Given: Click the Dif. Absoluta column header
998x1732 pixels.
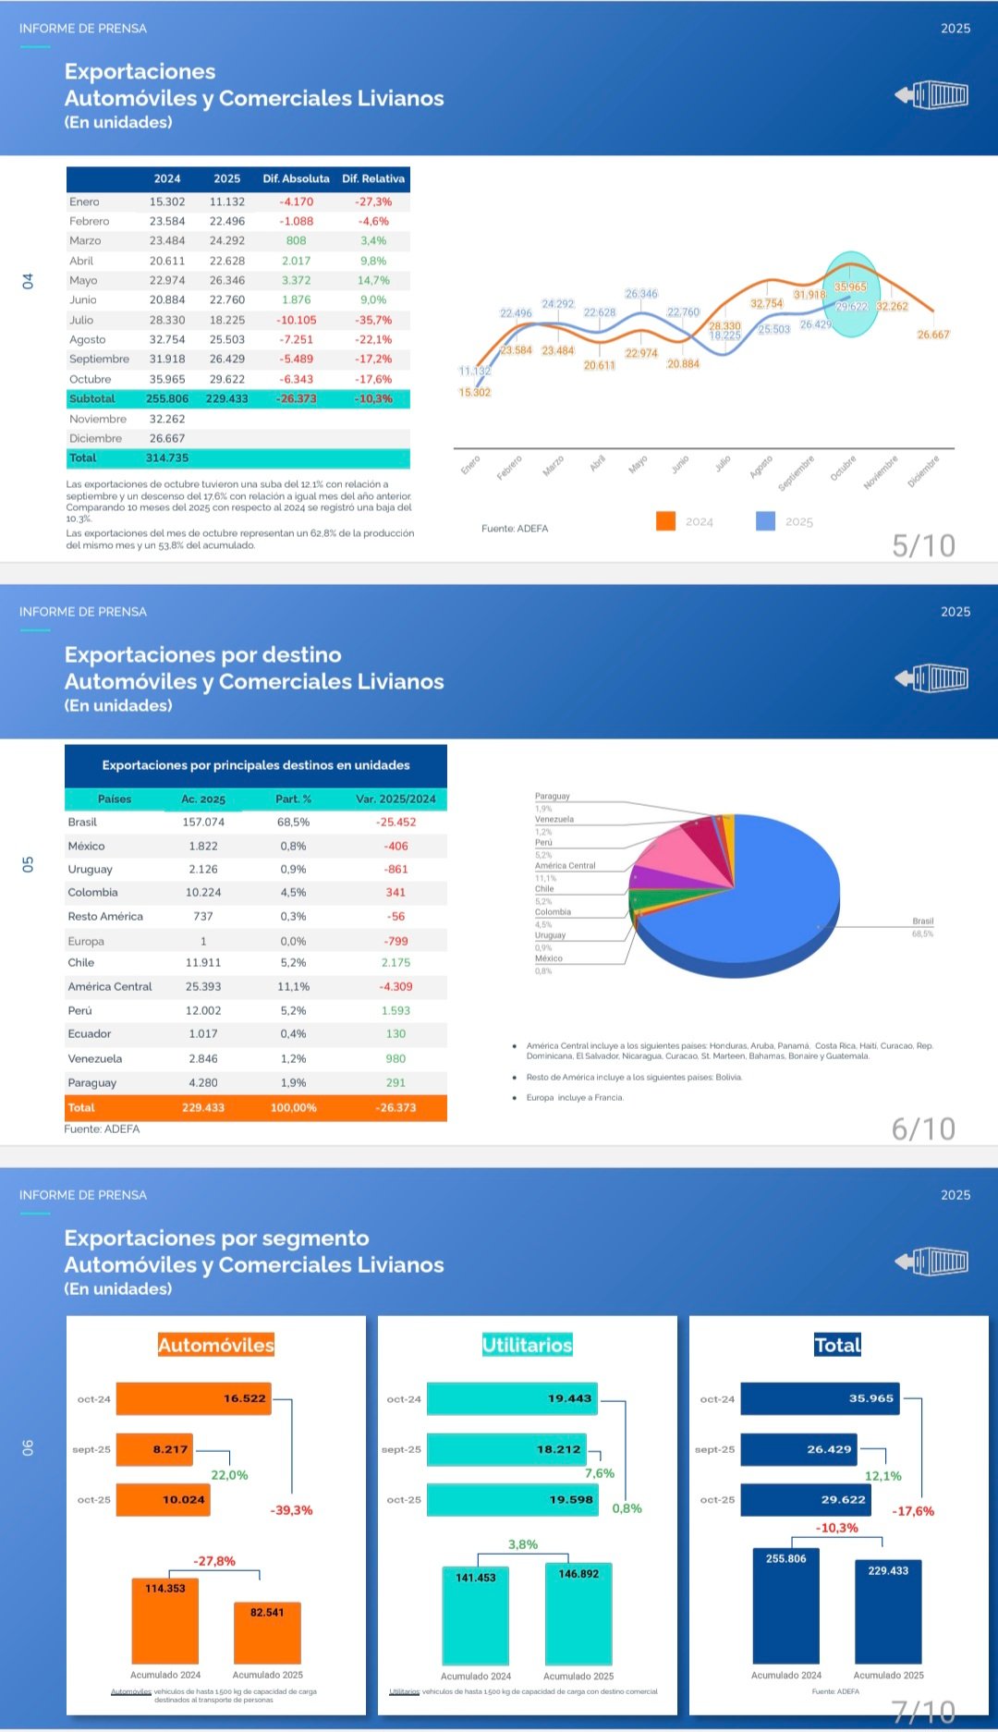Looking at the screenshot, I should click(x=296, y=178).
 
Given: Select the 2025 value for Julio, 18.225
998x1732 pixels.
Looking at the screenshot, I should click(x=227, y=320).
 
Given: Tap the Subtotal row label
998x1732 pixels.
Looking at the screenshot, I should click(x=92, y=398).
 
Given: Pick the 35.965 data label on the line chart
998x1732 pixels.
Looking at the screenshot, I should click(x=850, y=287).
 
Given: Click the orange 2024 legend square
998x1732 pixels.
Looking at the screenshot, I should click(x=665, y=521).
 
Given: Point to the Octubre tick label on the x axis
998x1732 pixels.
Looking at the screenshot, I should click(x=843, y=469).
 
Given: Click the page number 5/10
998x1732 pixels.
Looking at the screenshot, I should click(x=923, y=545).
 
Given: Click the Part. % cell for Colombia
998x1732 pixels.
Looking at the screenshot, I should click(x=293, y=892).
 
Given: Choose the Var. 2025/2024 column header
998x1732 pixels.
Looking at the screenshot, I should click(x=396, y=799).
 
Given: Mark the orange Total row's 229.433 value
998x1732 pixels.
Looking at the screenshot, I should click(x=203, y=1107).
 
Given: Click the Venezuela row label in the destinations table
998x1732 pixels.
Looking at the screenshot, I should click(x=95, y=1058).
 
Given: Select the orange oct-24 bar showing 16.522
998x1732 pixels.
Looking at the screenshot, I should click(x=194, y=1398).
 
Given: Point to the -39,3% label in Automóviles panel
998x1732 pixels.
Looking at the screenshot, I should click(x=291, y=1510).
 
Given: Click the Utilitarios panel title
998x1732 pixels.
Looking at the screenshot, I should click(x=527, y=1345).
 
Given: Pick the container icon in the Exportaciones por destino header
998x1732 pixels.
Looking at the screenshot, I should click(x=932, y=678).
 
